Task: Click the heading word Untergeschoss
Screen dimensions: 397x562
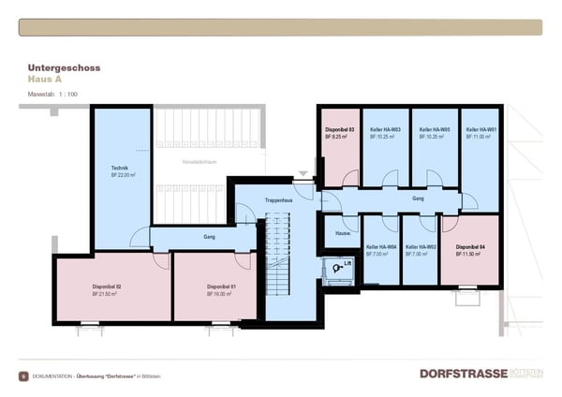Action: tap(64, 68)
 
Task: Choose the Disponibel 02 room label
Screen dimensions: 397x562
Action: tap(106, 287)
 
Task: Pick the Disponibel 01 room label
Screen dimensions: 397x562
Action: tap(221, 287)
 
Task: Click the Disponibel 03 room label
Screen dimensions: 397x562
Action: tap(339, 129)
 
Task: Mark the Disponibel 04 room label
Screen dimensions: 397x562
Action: tap(470, 247)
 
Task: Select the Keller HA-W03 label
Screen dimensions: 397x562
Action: tap(385, 129)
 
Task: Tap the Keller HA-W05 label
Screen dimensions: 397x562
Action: tap(434, 129)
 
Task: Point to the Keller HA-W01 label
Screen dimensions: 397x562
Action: tap(481, 129)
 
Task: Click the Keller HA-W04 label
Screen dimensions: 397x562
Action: tap(381, 247)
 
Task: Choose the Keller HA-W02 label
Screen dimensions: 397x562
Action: tap(421, 247)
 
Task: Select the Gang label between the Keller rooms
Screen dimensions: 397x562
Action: tap(419, 198)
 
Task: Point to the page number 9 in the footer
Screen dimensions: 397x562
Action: tap(22, 375)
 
